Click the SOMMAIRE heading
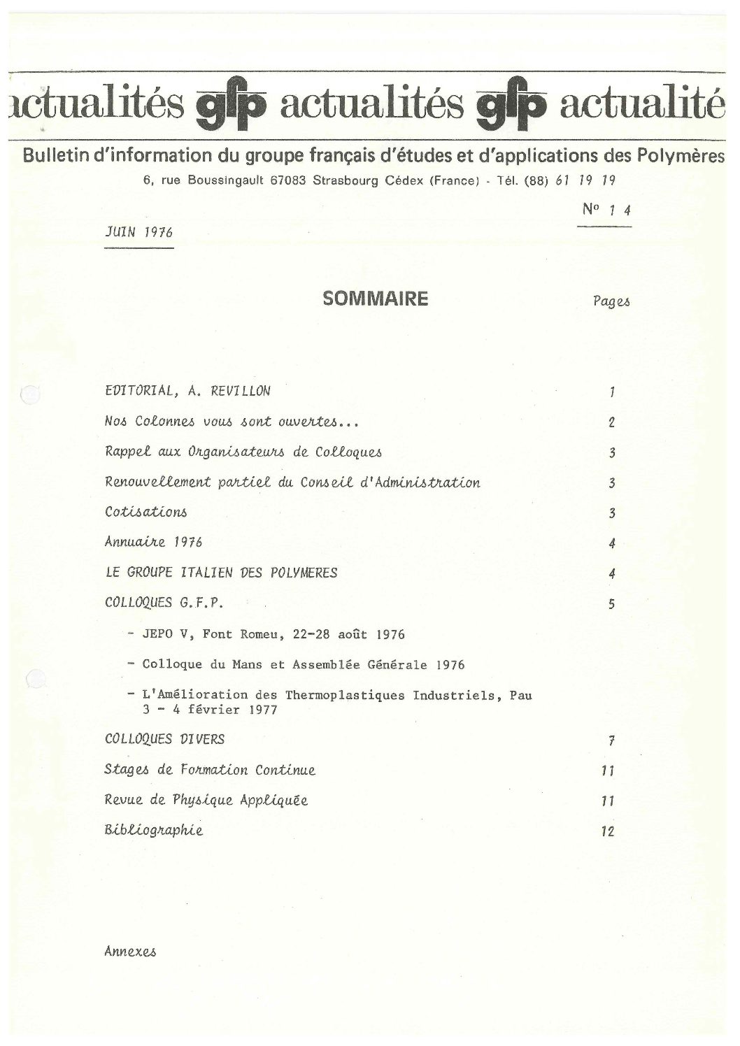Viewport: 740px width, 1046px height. point(375,299)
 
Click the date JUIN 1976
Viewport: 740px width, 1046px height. point(138,233)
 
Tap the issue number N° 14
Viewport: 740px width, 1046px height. point(606,210)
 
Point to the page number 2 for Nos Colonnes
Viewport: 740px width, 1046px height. point(611,422)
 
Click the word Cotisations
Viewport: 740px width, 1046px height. point(145,512)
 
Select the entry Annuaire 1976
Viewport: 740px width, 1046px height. point(153,542)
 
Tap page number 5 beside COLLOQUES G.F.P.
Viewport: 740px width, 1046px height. point(611,604)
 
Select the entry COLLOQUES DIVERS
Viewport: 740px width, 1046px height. point(164,739)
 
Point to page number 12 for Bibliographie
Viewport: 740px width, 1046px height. point(607,831)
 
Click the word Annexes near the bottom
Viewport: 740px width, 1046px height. point(130,952)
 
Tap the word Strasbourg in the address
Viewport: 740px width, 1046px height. point(345,180)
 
